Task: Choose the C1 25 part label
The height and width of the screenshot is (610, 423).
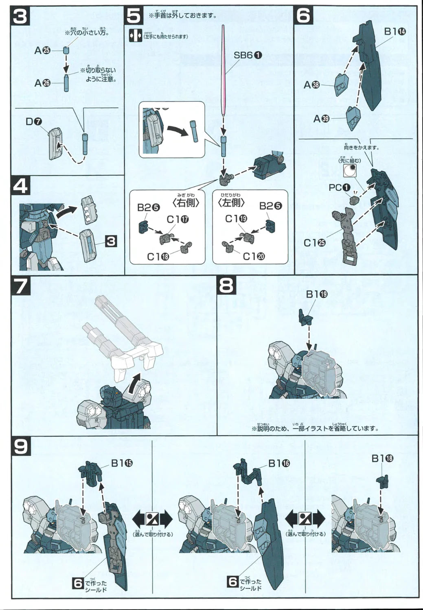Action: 316,242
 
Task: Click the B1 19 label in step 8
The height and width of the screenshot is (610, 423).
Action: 316,295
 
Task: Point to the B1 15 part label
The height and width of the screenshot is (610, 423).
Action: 122,463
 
